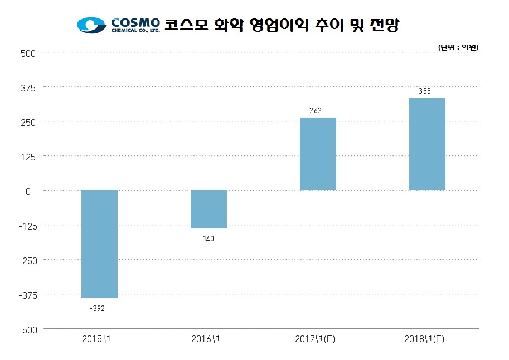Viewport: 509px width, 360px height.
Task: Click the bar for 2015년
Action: [x=99, y=244]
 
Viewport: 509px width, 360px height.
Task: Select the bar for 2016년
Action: [x=209, y=210]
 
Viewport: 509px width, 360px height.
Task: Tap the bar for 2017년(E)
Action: [x=318, y=154]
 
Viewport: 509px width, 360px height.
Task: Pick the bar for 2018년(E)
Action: [x=427, y=144]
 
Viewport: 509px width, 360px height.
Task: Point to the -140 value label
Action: [x=206, y=239]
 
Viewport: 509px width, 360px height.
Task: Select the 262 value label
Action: [x=316, y=110]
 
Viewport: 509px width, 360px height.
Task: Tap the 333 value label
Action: [x=425, y=91]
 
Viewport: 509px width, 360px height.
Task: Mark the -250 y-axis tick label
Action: [x=27, y=260]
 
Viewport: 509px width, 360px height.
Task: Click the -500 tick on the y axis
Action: [x=27, y=329]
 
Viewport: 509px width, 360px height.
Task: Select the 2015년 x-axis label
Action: [x=96, y=339]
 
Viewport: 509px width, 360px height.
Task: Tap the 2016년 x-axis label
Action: [x=206, y=339]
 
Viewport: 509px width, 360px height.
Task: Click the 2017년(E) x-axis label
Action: [x=316, y=339]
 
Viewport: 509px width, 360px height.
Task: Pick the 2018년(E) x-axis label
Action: [x=425, y=339]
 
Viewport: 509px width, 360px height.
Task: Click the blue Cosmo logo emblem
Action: [x=91, y=25]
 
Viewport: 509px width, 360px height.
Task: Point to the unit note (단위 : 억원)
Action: [x=458, y=47]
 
